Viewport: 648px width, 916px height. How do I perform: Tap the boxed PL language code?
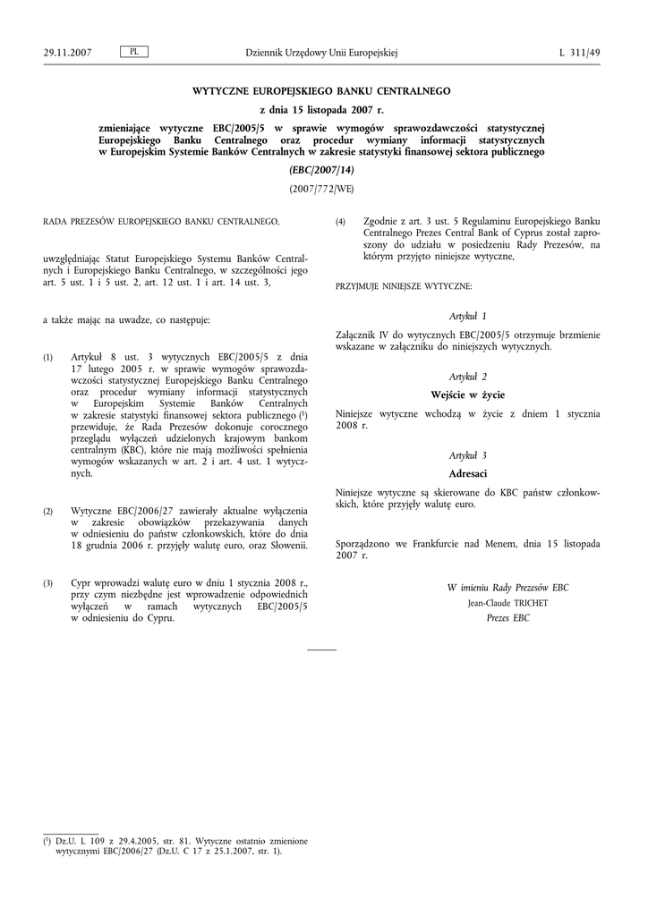(x=133, y=52)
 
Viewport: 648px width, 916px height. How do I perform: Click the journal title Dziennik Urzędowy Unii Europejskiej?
(x=321, y=53)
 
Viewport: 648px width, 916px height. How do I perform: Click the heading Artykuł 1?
(x=468, y=316)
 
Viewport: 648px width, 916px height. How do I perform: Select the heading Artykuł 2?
(x=468, y=376)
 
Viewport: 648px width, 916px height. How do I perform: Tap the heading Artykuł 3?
(x=468, y=455)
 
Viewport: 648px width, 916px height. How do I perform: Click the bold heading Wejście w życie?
(x=468, y=394)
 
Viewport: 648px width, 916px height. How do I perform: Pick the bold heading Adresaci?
(x=468, y=473)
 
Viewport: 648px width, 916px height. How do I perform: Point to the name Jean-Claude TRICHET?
(x=507, y=603)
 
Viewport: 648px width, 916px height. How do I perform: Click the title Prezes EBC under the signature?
(x=507, y=618)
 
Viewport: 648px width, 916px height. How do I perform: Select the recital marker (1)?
(x=48, y=357)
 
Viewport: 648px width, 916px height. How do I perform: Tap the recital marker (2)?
(x=48, y=511)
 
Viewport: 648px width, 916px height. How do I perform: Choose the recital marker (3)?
(x=48, y=584)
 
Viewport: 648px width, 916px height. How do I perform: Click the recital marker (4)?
(x=340, y=222)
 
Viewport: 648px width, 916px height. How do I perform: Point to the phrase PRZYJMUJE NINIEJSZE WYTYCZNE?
(x=404, y=286)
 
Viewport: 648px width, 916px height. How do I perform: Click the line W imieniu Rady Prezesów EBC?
(x=507, y=588)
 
